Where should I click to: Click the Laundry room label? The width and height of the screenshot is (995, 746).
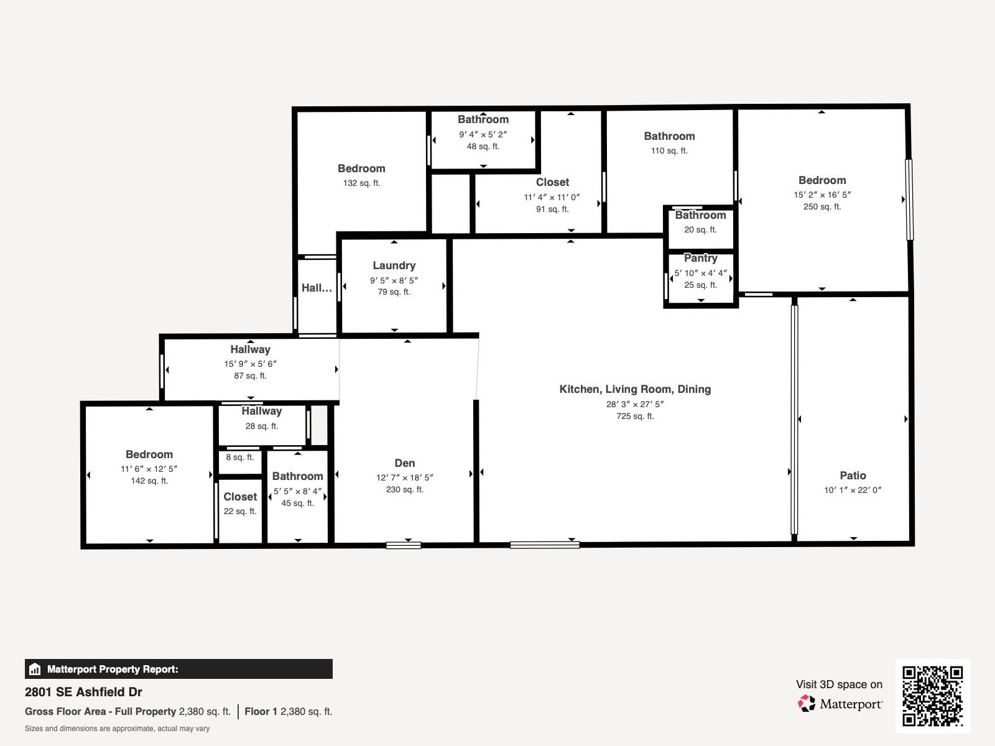394,265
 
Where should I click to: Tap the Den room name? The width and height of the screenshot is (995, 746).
404,463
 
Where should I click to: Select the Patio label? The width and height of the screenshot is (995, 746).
853,476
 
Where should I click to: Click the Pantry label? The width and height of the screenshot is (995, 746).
700,258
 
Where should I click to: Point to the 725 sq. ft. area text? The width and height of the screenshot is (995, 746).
635,417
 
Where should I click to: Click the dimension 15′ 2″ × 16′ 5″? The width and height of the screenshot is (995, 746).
821,195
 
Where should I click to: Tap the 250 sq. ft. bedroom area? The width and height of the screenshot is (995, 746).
821,207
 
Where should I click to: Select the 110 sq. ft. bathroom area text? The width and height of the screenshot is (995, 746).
669,151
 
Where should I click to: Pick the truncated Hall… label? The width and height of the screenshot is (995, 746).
317,288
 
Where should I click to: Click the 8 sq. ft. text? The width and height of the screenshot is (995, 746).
239,458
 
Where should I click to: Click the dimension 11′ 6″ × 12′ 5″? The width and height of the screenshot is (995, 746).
149,469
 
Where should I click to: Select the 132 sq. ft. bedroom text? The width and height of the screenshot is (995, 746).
361,183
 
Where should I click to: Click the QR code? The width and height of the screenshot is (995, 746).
932,696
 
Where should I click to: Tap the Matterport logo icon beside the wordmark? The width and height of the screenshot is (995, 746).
807,704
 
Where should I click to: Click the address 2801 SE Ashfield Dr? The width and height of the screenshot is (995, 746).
83,692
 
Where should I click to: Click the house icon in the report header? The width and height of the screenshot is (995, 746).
35,670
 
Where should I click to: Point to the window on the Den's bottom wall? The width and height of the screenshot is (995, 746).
404,546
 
